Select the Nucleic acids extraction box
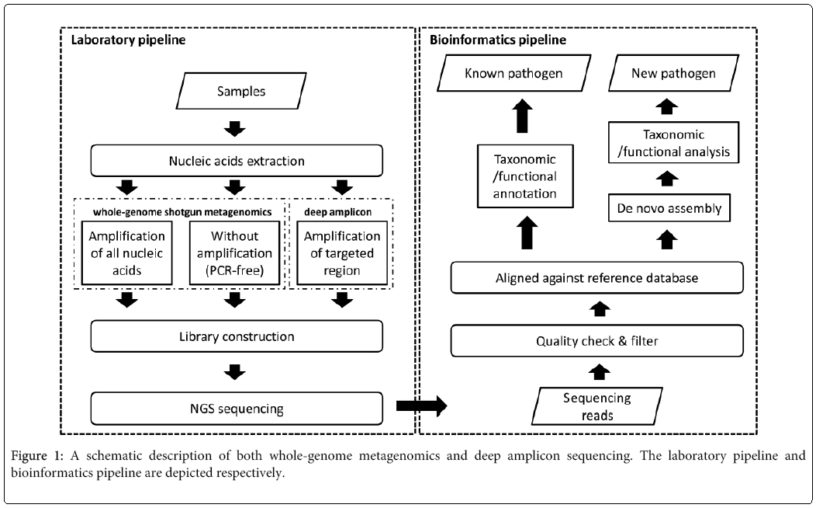[236, 161]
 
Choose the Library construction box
[236, 336]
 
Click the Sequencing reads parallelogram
[597, 406]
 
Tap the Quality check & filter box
[597, 341]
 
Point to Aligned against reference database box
[597, 277]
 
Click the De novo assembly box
[669, 208]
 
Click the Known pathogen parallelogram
[513, 75]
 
